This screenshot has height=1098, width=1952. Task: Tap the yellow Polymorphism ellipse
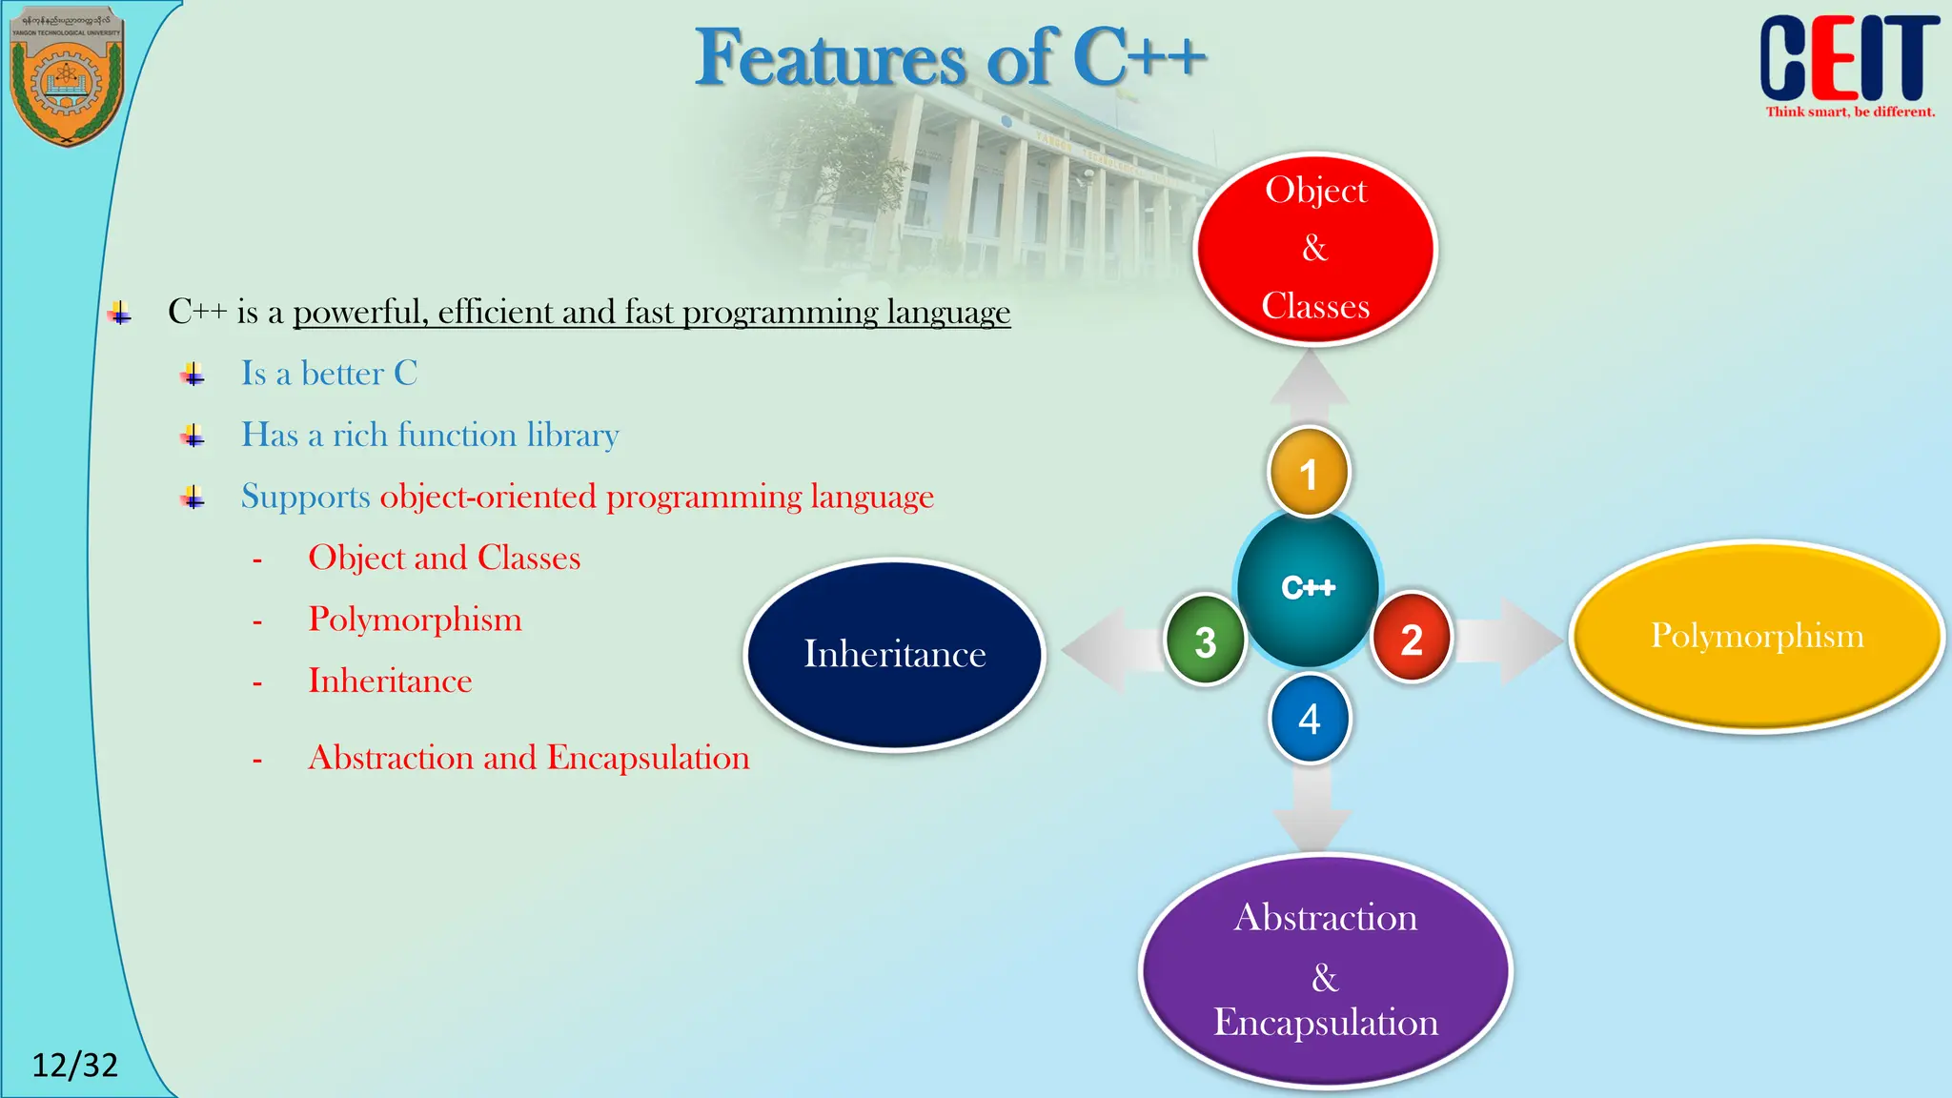coord(1757,636)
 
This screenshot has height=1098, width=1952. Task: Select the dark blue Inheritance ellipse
coord(894,655)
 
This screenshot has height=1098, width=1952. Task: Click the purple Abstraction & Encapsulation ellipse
coord(1325,970)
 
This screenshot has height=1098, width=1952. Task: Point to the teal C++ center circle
coord(1308,587)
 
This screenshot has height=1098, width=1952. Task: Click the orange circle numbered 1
coord(1309,473)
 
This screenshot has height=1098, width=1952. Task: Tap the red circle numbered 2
coord(1412,639)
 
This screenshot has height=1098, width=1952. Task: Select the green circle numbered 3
coord(1206,640)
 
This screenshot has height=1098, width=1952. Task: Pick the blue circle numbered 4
coord(1310,719)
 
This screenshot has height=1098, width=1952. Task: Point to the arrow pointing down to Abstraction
coord(1312,808)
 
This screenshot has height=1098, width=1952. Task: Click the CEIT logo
coord(1848,61)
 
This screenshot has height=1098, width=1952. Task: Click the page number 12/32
coord(74,1065)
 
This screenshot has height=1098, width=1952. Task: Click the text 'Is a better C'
coord(329,373)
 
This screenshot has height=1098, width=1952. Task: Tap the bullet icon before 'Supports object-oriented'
coord(193,497)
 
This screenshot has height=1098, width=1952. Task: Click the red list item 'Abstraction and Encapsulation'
coord(528,758)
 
